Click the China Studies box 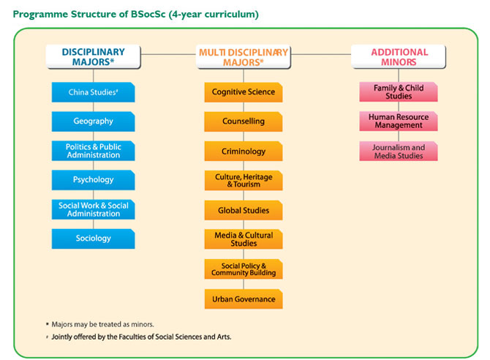click(x=93, y=92)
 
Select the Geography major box click(x=93, y=121)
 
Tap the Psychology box click(x=93, y=180)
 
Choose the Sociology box click(x=93, y=239)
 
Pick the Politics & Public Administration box click(x=93, y=151)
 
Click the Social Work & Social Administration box click(x=93, y=209)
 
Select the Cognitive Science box click(x=244, y=92)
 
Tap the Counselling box click(x=244, y=121)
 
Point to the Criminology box click(x=244, y=151)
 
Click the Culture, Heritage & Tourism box click(x=244, y=181)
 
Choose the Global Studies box click(x=244, y=210)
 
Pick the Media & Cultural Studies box click(x=244, y=239)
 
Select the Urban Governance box click(x=244, y=299)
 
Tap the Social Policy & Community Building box click(x=244, y=269)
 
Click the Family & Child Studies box click(x=399, y=92)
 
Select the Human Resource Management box click(x=399, y=121)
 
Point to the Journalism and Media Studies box click(x=399, y=151)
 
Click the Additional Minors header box click(x=399, y=56)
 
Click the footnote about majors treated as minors click(x=100, y=324)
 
